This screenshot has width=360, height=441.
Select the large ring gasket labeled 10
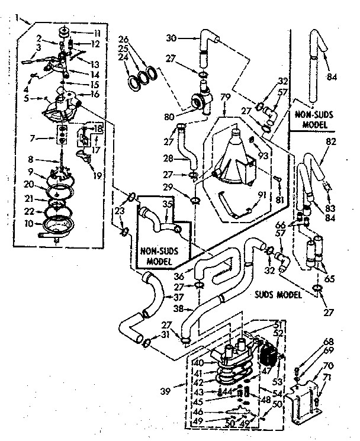pyautogui.click(x=59, y=226)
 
